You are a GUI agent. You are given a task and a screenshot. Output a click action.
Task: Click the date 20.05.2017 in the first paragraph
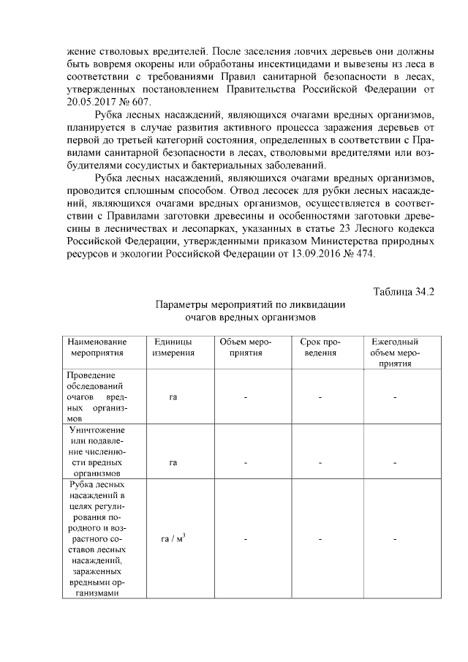click(91, 102)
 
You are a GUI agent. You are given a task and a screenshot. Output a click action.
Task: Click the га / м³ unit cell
click(173, 540)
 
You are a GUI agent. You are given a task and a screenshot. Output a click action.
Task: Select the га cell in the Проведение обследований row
click(173, 397)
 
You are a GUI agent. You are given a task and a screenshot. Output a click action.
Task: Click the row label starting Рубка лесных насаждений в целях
click(97, 539)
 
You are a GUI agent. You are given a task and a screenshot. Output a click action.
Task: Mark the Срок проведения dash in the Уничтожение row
click(320, 462)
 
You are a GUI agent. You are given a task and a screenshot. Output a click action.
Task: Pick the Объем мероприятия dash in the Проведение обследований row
click(246, 397)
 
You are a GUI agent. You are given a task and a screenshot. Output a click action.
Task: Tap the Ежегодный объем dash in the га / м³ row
click(394, 540)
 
